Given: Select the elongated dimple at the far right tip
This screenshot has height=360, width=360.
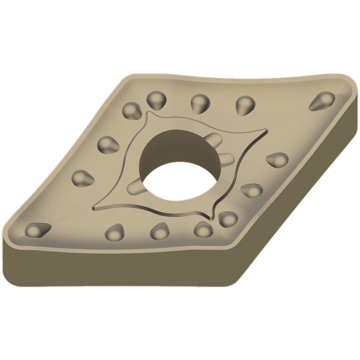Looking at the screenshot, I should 322,100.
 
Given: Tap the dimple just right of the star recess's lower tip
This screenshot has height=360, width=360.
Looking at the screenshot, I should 228,218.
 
